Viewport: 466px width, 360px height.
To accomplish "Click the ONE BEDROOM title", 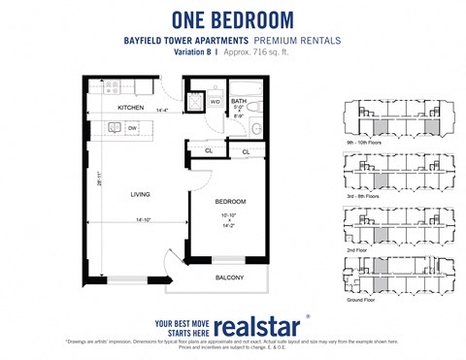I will [233, 18].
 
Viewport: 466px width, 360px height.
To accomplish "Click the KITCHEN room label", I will [130, 108].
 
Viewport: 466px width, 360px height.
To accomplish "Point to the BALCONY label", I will [229, 278].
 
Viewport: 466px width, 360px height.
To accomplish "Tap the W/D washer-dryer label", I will [215, 101].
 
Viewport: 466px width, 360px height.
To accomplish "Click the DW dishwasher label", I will [131, 127].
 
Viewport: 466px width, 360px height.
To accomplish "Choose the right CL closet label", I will [245, 152].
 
